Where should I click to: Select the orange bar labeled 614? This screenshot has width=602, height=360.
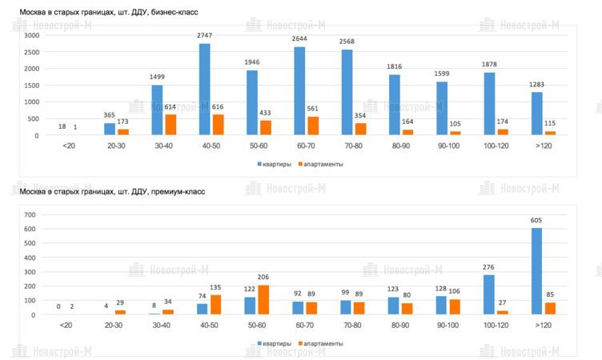[171, 125]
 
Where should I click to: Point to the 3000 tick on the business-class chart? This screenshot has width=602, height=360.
[31, 36]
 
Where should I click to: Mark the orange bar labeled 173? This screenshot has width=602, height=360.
[123, 132]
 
